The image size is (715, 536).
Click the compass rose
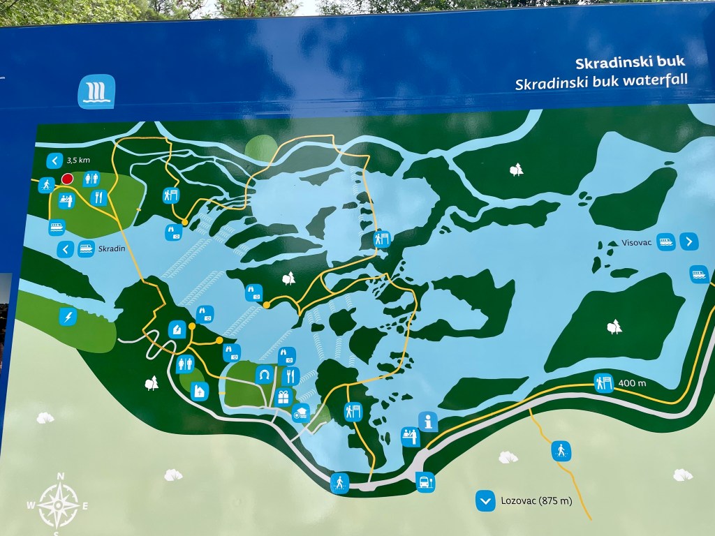click(59, 502)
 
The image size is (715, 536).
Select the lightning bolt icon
click(68, 318)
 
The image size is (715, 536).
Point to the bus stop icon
click(425, 482)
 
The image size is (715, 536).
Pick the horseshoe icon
click(264, 375)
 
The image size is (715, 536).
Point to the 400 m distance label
click(632, 384)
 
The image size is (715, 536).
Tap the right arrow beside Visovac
click(688, 241)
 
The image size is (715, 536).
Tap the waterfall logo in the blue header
click(96, 92)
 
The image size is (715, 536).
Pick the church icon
click(200, 391)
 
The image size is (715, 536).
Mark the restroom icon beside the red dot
click(91, 179)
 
